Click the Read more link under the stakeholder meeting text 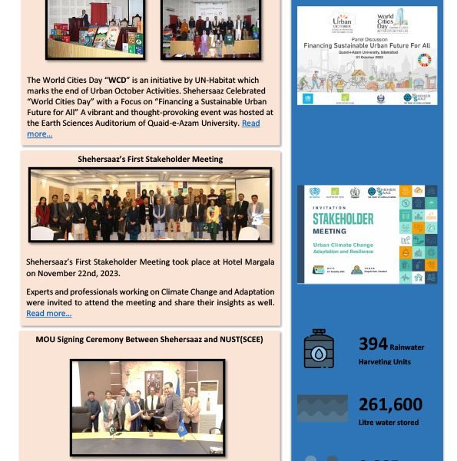pos(49,313)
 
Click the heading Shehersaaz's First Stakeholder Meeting pos(150,160)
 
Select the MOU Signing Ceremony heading pos(150,339)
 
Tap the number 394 pos(373,344)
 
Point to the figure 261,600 pos(390,404)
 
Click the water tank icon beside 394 pos(319,349)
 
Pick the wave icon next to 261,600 pos(323,408)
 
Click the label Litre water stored pos(388,422)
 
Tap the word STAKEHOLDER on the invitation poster pos(343,219)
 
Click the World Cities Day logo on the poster pos(392,21)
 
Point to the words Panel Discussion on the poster pos(368,39)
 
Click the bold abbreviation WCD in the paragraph pos(118,80)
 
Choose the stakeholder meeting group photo pos(150,206)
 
